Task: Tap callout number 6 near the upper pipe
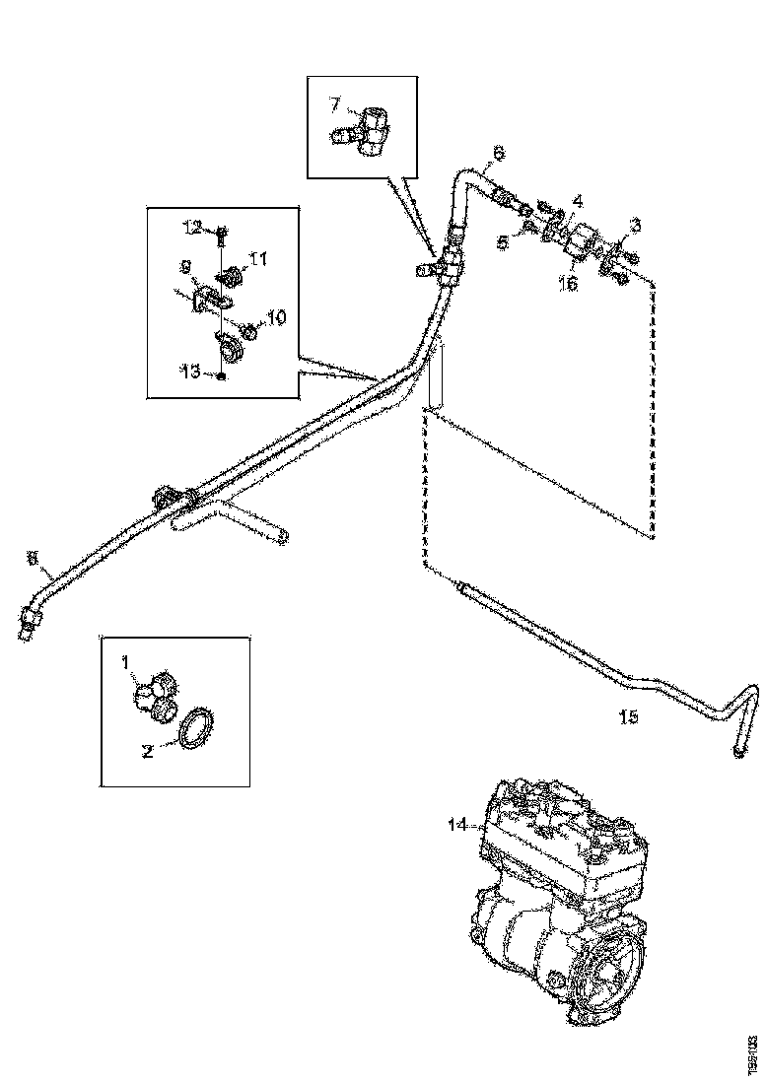point(498,153)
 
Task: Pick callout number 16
point(569,284)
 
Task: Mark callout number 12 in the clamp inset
point(191,228)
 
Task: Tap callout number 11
point(258,259)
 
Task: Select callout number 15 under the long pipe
point(628,716)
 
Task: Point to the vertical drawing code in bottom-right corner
point(753,1049)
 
